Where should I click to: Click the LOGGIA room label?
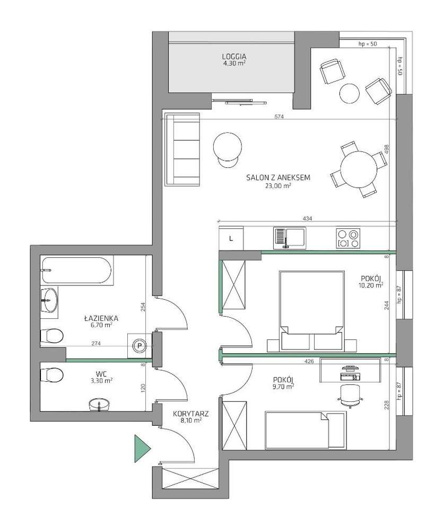[x=234, y=56]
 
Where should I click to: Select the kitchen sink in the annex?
[x=289, y=238]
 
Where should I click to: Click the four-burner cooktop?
[x=348, y=238]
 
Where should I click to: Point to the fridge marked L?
[x=231, y=238]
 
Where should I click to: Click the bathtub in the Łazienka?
[x=77, y=270]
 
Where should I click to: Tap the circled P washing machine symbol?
[x=139, y=345]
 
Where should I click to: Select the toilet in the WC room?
[x=52, y=375]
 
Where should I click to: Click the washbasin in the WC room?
[x=99, y=405]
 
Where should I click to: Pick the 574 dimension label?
[x=279, y=116]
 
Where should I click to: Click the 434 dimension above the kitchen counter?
[x=308, y=218]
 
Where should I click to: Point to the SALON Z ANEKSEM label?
[x=278, y=177]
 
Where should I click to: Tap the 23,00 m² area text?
[x=278, y=185]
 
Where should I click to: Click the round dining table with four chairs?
[x=359, y=169]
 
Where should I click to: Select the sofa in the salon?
[x=182, y=149]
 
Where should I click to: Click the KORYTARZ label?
[x=190, y=414]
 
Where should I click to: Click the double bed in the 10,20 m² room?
[x=312, y=310]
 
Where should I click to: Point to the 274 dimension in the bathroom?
[x=97, y=344]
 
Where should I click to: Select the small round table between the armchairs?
[x=350, y=94]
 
